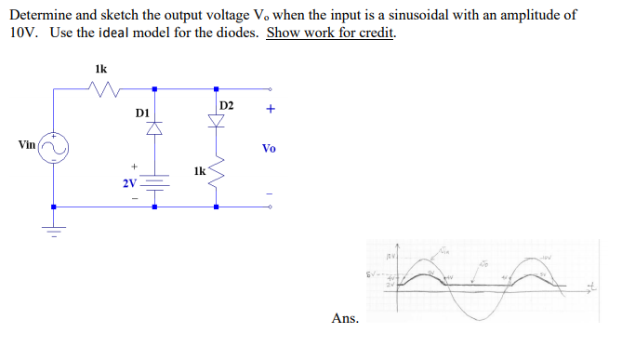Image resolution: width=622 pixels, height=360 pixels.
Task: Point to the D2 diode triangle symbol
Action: (x=216, y=120)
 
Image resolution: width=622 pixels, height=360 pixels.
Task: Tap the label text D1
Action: (x=141, y=113)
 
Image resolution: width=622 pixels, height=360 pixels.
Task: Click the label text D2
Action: (x=228, y=102)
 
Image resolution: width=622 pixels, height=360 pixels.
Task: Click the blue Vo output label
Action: (x=269, y=149)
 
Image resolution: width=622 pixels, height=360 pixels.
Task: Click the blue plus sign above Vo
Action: (x=270, y=109)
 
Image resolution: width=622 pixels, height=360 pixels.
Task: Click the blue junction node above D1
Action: (x=154, y=89)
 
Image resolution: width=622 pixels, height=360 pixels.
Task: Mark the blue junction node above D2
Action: (x=216, y=89)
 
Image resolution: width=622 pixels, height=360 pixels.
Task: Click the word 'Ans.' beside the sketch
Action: (x=344, y=319)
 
